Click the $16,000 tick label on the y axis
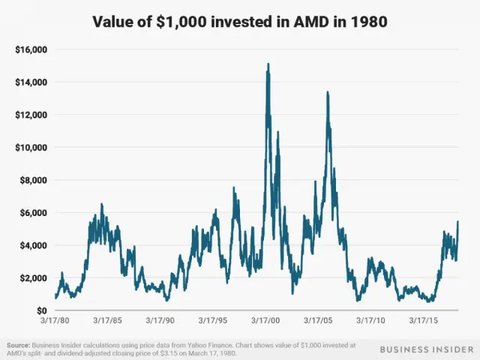point(31,49)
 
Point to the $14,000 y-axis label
point(31,82)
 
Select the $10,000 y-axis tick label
point(31,147)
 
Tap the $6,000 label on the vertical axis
point(33,212)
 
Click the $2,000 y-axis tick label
point(33,277)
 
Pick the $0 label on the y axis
point(41,310)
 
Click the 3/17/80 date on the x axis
point(56,320)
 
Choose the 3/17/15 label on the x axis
point(425,320)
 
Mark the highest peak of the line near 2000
point(268,64)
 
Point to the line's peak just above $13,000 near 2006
point(328,92)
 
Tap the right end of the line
point(457,222)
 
